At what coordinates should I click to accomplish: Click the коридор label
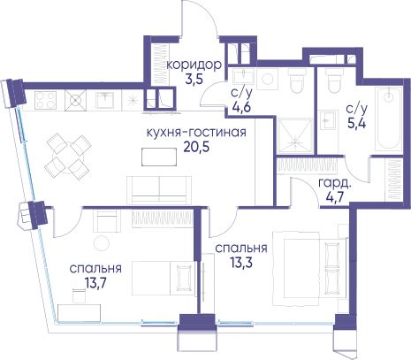194,65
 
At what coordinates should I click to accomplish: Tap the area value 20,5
196,147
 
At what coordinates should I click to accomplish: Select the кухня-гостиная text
196,133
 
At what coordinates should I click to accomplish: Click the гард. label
335,183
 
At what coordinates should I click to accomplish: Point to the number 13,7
95,283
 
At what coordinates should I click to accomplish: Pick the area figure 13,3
241,263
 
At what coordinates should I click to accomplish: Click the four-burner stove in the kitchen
45,100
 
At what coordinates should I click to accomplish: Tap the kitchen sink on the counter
104,100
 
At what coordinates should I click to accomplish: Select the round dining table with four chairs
68,157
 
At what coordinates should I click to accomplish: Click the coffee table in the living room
159,157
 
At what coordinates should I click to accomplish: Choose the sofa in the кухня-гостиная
159,190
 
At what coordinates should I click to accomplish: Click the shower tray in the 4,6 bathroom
295,135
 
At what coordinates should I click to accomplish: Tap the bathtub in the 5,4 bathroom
389,119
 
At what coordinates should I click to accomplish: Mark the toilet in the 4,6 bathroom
297,81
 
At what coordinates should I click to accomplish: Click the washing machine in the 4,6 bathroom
268,80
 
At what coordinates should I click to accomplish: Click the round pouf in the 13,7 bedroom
102,243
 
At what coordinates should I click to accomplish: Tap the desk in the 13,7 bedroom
80,313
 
